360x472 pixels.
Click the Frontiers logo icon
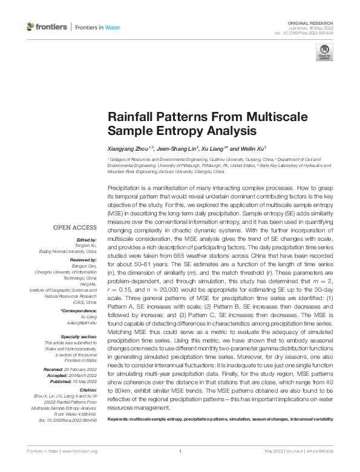[x=31, y=27]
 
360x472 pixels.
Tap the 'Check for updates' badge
[x=324, y=53]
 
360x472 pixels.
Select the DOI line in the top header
[x=309, y=33]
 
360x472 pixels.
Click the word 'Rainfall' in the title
[x=130, y=117]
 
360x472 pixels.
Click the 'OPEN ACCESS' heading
[x=75, y=228]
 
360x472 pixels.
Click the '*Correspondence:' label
[x=79, y=310]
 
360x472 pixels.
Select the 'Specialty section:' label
[x=79, y=336]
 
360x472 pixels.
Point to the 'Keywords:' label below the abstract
[x=121, y=436]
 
